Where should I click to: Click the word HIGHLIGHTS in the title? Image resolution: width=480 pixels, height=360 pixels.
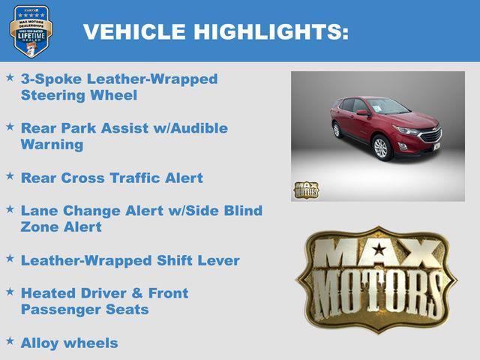pyautogui.click(x=271, y=32)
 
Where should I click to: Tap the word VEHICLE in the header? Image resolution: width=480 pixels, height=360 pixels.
pyautogui.click(x=134, y=32)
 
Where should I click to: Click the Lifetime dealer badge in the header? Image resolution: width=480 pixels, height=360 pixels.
pyautogui.click(x=31, y=31)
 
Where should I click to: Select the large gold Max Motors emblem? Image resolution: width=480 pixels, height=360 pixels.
pyautogui.click(x=376, y=280)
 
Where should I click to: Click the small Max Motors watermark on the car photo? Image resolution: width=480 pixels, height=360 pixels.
pyautogui.click(x=305, y=190)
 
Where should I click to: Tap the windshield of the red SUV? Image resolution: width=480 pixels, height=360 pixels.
pyautogui.click(x=387, y=106)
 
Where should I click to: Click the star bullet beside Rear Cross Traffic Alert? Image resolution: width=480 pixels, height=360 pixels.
pyautogui.click(x=10, y=175)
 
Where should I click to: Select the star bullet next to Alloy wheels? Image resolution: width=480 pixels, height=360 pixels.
pyautogui.click(x=10, y=340)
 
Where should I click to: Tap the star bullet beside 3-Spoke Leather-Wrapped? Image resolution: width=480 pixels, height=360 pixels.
pyautogui.click(x=10, y=76)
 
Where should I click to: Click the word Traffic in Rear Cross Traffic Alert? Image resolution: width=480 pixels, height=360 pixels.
pyautogui.click(x=137, y=178)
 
